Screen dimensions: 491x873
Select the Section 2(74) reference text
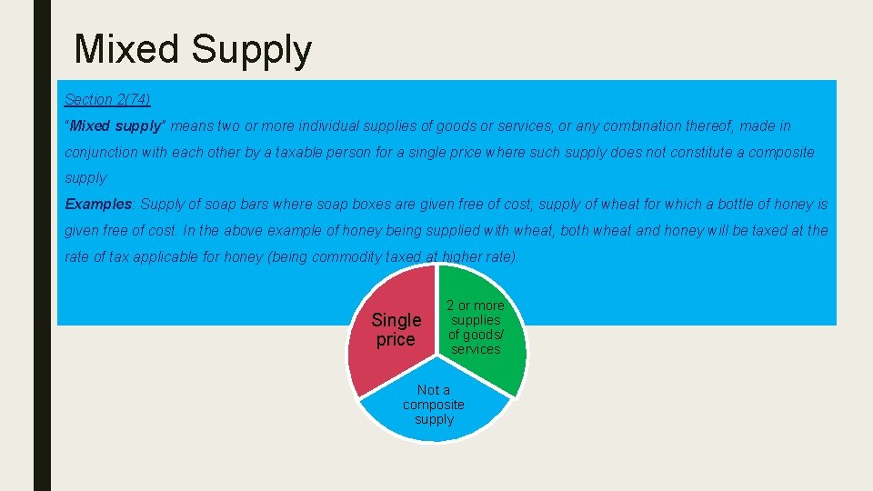click(x=107, y=99)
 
